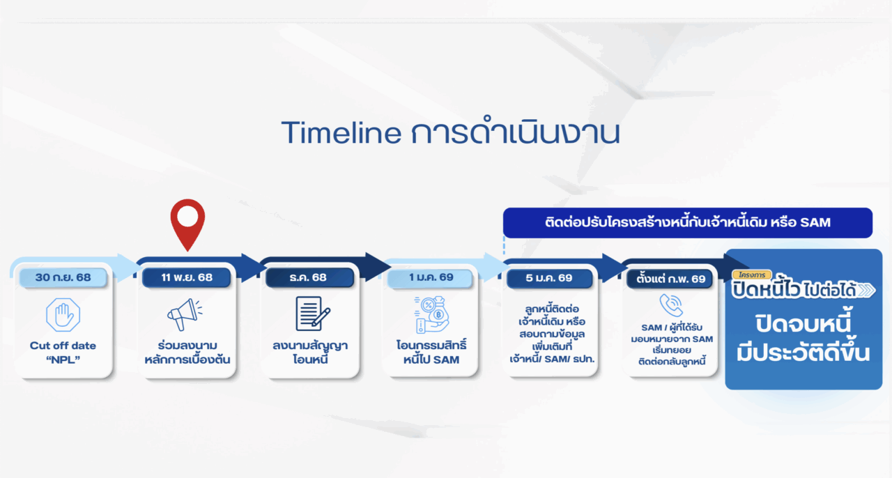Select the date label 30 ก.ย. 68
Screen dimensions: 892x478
pos(63,277)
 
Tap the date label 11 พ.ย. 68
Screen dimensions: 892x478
pos(187,277)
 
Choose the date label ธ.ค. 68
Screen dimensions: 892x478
pos(308,277)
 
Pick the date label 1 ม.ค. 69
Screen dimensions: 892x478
pos(431,277)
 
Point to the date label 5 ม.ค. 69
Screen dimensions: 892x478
pos(548,278)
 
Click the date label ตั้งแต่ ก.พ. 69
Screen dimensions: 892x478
pos(670,279)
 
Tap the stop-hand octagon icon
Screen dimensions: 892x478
pos(63,315)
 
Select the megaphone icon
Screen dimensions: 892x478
pos(185,314)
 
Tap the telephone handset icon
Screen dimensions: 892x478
pos(671,305)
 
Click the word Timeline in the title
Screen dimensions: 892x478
pos(341,132)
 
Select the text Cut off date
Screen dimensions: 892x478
pos(63,346)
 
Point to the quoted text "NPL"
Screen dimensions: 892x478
pos(63,360)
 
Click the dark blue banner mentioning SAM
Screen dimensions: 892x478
pos(688,223)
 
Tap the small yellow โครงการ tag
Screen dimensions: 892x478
pos(752,275)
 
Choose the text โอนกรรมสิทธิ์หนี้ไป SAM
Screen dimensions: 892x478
pos(431,352)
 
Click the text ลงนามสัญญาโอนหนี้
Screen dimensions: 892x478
pos(310,352)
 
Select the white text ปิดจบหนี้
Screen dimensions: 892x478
pos(803,324)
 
